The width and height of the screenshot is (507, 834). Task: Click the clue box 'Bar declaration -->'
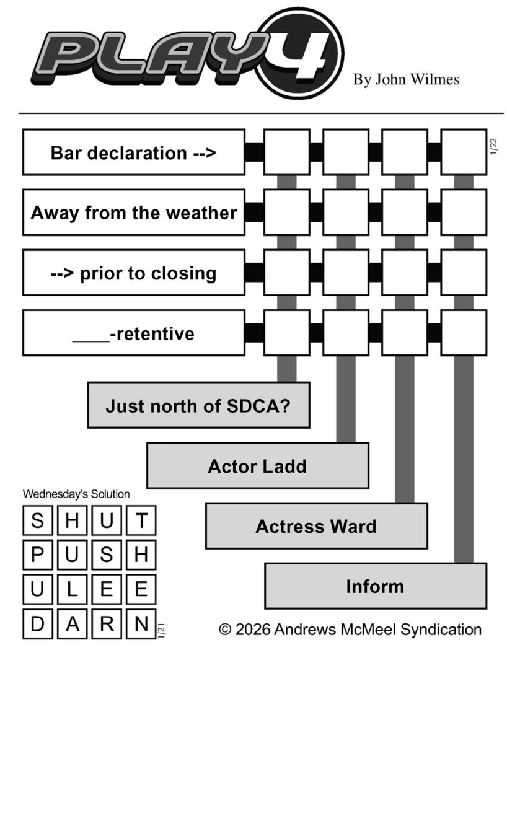coord(134,152)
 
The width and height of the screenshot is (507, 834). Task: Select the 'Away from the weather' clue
coord(134,213)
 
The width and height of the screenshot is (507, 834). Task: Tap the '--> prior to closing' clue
coord(134,273)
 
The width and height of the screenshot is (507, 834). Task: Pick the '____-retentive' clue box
coord(134,333)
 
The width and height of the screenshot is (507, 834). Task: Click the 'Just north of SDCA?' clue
coord(198,406)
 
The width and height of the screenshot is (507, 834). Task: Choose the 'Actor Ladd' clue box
coord(257,466)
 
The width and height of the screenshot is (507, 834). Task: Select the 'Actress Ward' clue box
coord(316,526)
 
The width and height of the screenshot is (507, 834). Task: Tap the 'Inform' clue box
coord(375,586)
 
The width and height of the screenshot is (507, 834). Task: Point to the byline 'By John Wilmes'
coord(406,80)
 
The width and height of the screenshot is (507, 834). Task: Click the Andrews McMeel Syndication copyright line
coord(350,630)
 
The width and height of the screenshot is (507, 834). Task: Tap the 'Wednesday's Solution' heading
coord(76,494)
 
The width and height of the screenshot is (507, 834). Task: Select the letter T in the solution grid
coord(141,520)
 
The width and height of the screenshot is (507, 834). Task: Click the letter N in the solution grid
coord(141,624)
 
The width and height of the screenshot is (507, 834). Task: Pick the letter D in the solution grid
coord(38,624)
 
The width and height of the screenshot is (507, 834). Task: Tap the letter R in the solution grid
coord(107,624)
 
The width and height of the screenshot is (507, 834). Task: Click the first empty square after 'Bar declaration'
coord(286,152)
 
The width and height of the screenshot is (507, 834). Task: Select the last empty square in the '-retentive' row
coord(464,333)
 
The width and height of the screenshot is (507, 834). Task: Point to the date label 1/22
coord(494,147)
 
